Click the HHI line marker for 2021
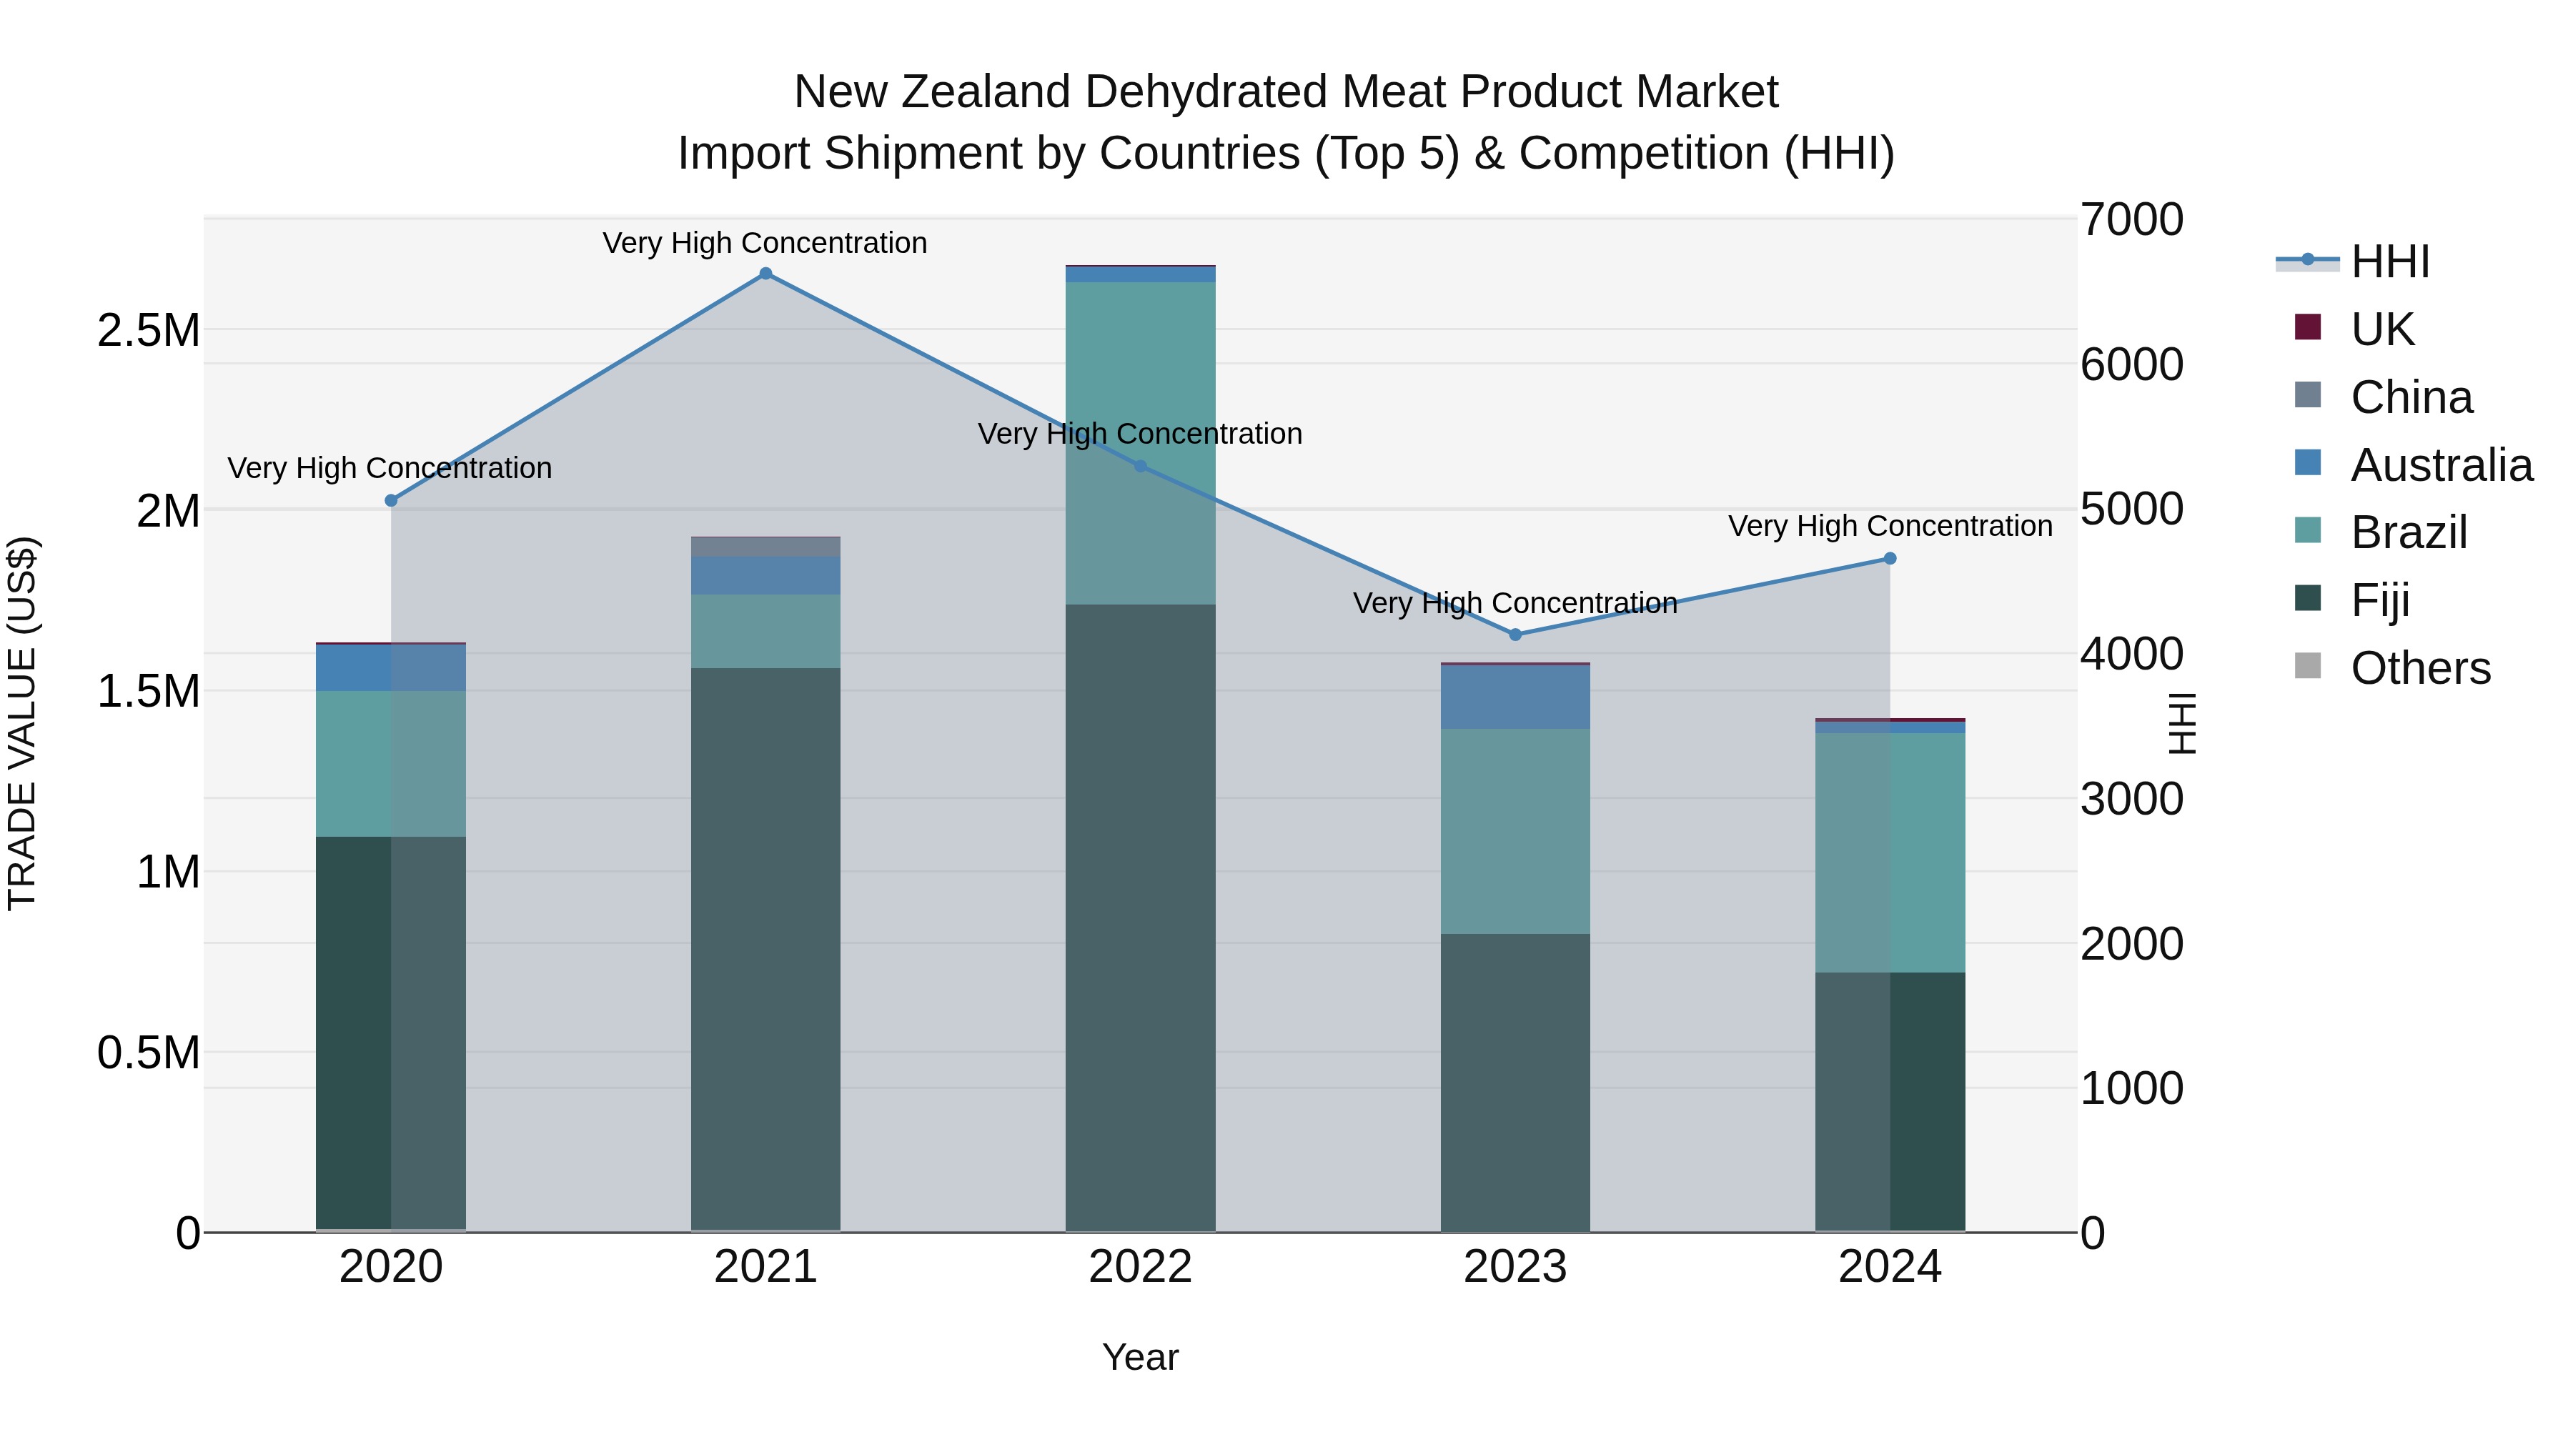click(x=765, y=274)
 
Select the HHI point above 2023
click(x=1515, y=634)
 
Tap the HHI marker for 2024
click(x=1890, y=558)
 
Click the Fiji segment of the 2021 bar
click(x=765, y=949)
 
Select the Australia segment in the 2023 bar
click(x=1515, y=696)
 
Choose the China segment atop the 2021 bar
click(x=765, y=546)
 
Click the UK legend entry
click(x=2381, y=329)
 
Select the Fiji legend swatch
click(x=2307, y=600)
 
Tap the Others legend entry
click(x=2419, y=668)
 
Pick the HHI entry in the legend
click(x=2389, y=262)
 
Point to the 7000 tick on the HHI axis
click(x=2131, y=221)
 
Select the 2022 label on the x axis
click(x=1140, y=1267)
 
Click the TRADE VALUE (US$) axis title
click(x=22, y=723)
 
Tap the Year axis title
click(x=1140, y=1357)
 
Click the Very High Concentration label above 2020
click(x=390, y=467)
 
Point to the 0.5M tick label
click(x=148, y=1053)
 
